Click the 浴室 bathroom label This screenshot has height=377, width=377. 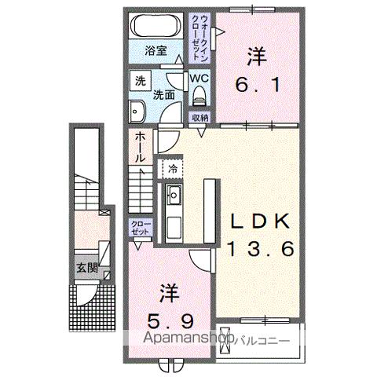156,51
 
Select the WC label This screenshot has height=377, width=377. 198,79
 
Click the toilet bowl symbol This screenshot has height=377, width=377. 198,96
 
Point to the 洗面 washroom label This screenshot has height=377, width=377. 163,94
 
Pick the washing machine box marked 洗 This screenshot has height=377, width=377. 139,80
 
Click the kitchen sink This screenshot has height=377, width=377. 173,196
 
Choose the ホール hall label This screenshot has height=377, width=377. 138,147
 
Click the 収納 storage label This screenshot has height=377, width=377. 200,117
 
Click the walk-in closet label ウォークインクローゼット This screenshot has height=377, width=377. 201,32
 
